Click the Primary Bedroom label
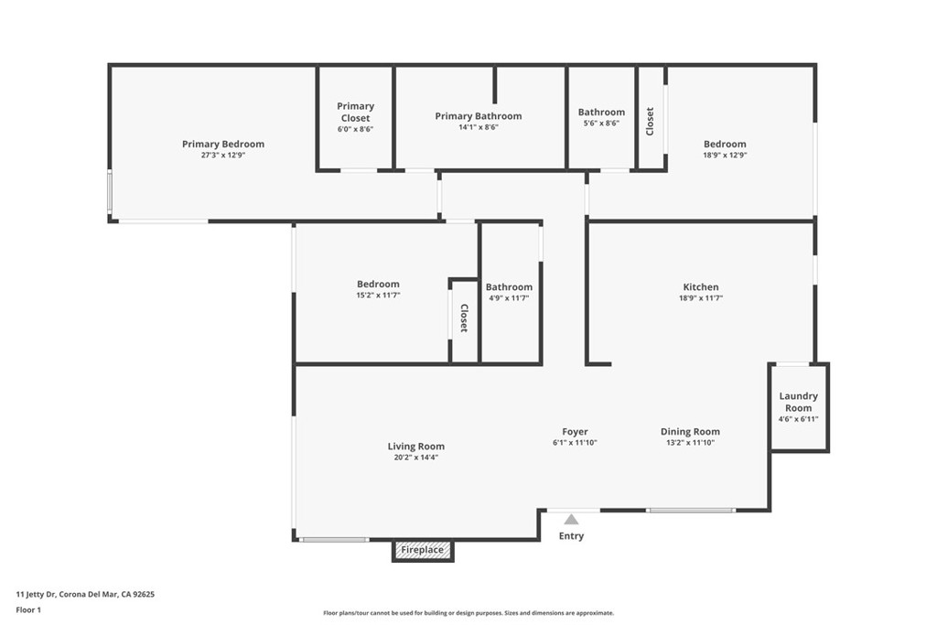(223, 144)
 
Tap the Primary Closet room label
(356, 112)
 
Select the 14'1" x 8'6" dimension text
(478, 127)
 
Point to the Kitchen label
(701, 286)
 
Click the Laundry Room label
(798, 402)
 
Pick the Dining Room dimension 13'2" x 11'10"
(690, 443)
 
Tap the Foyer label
(575, 431)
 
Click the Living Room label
(416, 447)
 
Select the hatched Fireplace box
(423, 550)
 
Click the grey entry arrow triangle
(571, 519)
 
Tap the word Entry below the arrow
(571, 536)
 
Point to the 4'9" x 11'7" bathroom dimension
(509, 298)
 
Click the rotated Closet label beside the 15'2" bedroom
(464, 318)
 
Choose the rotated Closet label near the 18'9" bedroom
(651, 122)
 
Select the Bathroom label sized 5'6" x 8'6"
(601, 113)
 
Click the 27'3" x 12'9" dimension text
(223, 156)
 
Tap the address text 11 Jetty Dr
(36, 595)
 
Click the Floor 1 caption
(28, 610)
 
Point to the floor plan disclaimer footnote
(468, 613)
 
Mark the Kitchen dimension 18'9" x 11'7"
(701, 298)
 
